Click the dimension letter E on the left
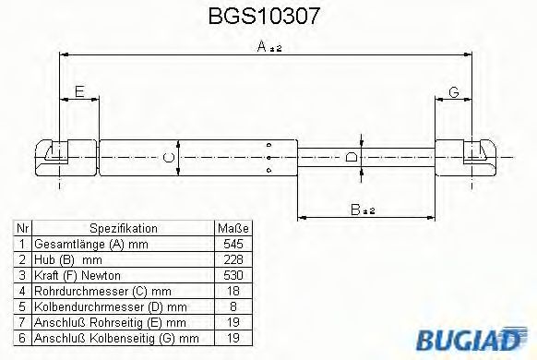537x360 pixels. (79, 91)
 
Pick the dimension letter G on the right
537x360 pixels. (453, 91)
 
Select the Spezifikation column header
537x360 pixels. (123, 228)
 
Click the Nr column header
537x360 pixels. (23, 228)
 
